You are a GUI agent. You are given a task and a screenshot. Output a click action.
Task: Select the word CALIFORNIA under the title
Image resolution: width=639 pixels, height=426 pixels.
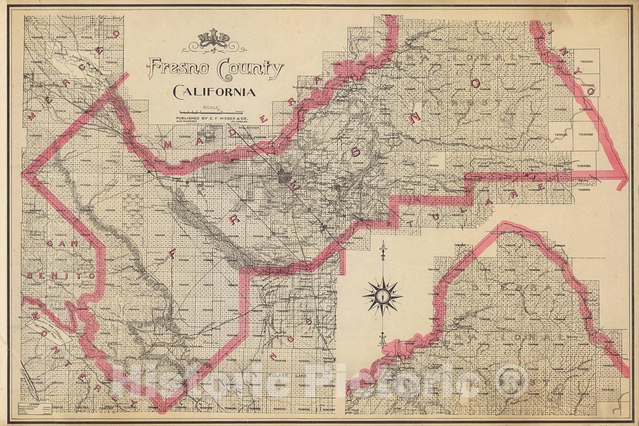click(214, 93)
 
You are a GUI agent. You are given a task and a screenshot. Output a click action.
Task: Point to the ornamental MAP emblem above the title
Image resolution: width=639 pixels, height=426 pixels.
click(214, 41)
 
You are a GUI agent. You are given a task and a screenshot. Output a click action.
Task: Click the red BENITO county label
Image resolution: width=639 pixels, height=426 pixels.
click(61, 276)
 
